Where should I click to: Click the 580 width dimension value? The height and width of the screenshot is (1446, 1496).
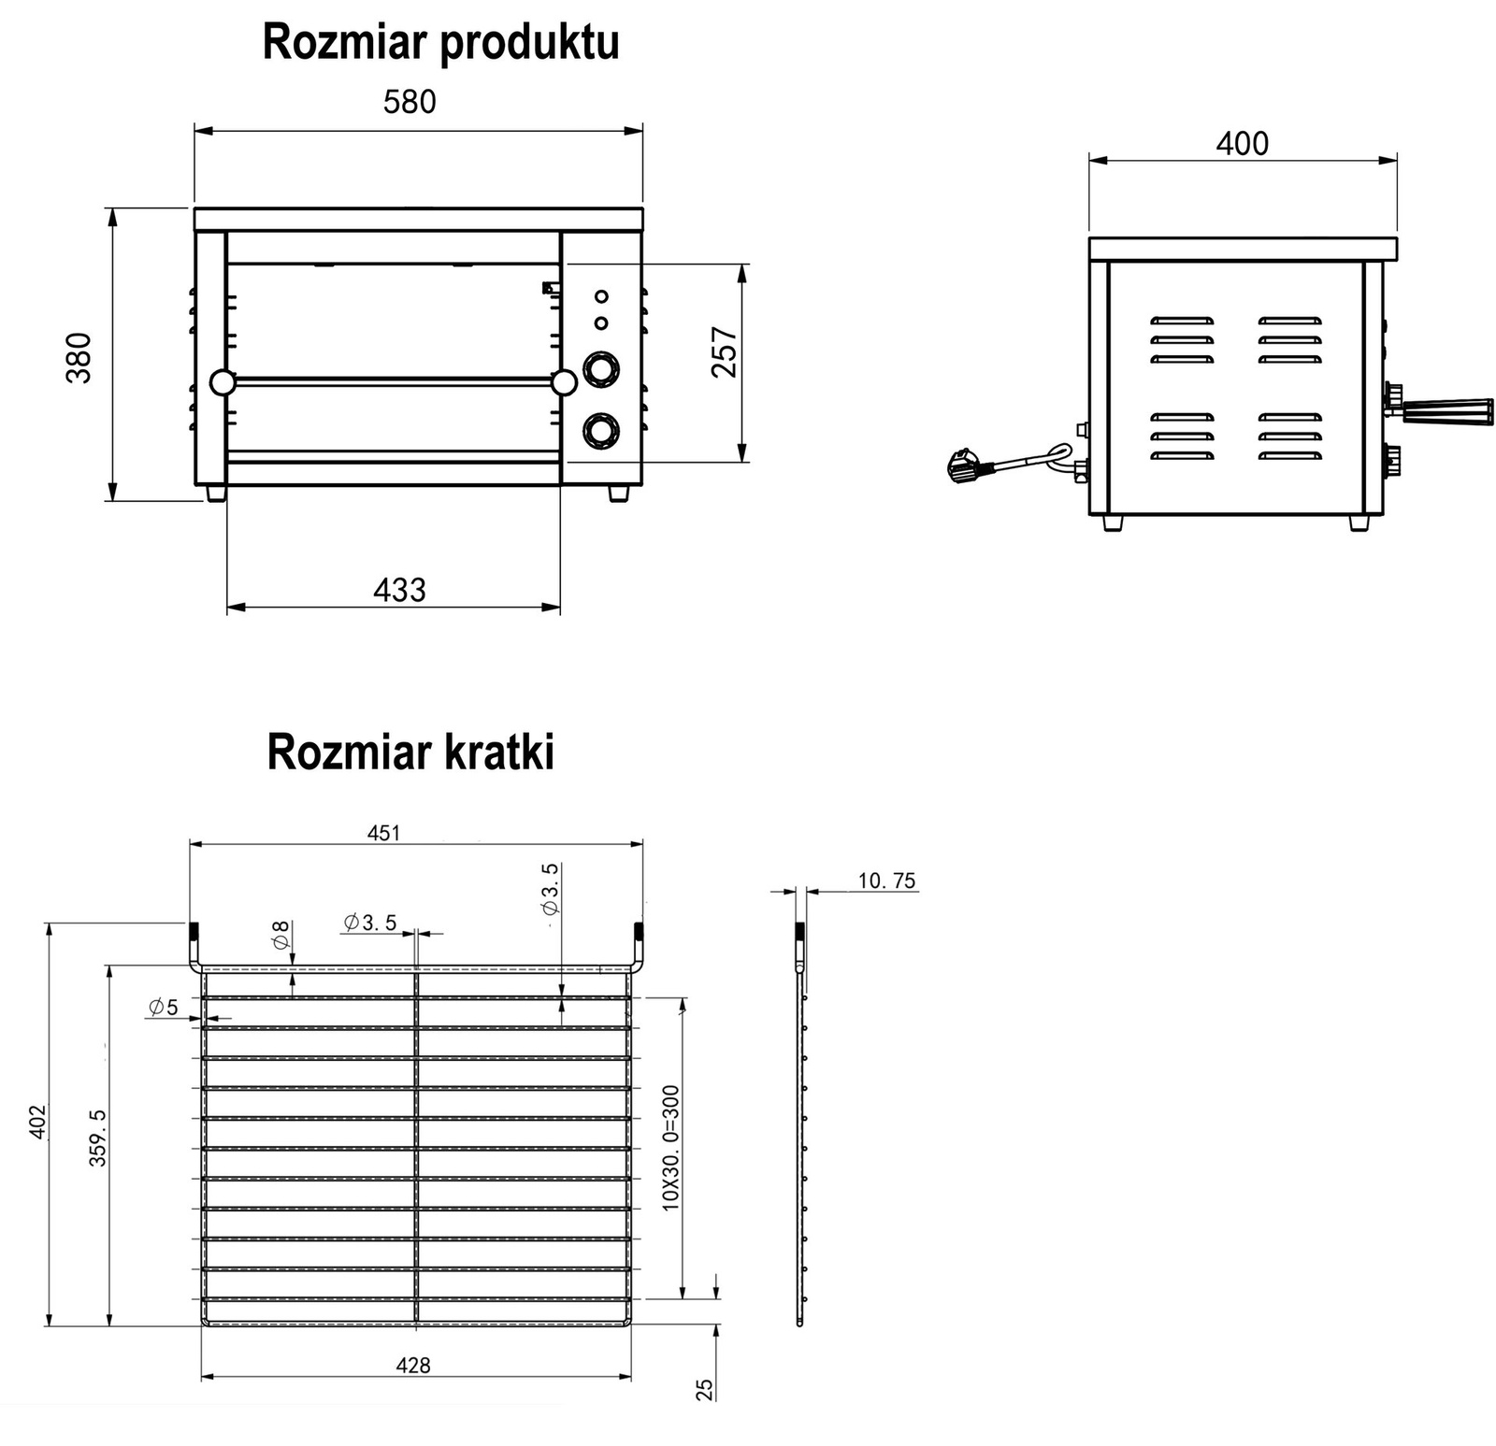[410, 101]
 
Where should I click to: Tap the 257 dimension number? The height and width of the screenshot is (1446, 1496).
[725, 351]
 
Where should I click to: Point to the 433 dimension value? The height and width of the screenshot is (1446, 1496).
[399, 590]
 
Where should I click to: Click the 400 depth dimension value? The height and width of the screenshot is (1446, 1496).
[1242, 144]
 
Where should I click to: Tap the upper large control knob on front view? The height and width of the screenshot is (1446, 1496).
[601, 369]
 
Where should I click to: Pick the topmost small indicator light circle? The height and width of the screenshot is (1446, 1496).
[601, 296]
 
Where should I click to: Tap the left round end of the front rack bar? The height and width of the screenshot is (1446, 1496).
[223, 382]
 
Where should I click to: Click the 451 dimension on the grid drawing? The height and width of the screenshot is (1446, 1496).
[384, 833]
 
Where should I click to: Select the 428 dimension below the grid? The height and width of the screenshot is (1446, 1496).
[412, 1366]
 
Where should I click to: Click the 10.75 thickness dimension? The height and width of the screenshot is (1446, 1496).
[886, 880]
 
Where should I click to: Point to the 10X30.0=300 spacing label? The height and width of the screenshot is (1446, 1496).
[670, 1148]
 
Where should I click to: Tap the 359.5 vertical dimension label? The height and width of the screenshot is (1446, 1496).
[97, 1138]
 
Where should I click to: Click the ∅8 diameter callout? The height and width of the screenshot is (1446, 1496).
[280, 935]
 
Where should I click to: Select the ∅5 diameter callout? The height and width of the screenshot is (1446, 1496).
[163, 1007]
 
